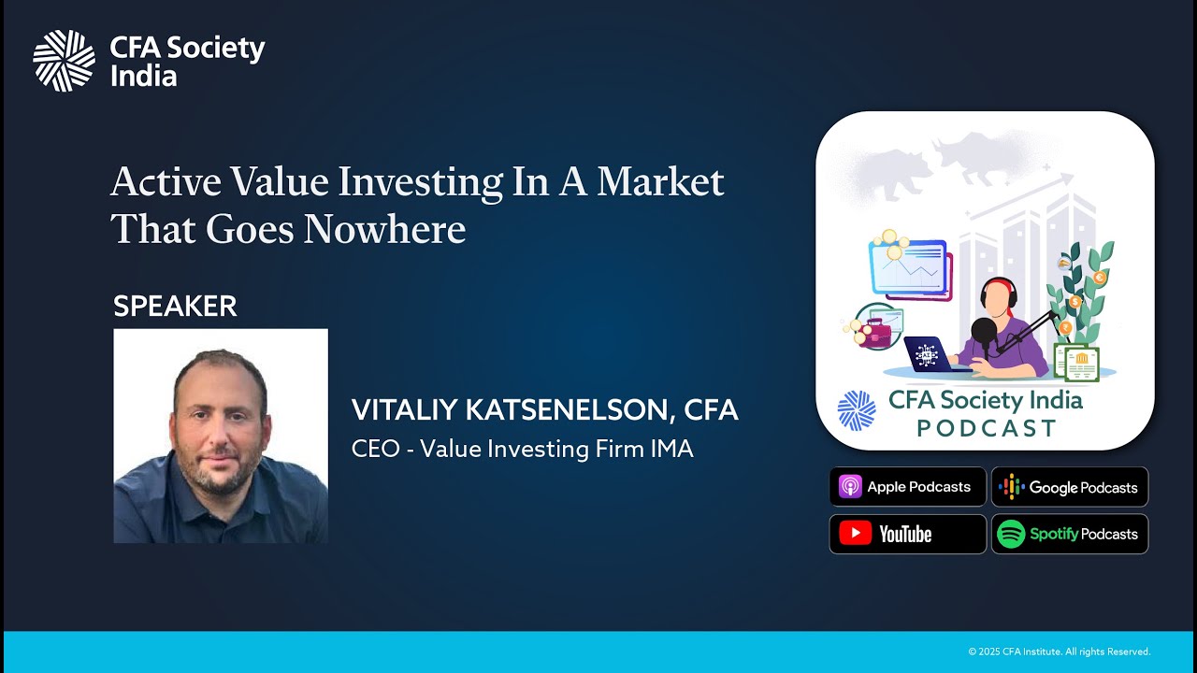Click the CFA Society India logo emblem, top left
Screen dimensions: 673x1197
pos(64,61)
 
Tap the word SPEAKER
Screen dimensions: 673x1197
pos(175,306)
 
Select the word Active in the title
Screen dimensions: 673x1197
pos(166,181)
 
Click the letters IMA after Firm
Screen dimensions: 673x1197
pos(671,449)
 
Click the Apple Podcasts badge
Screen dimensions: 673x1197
pos(907,487)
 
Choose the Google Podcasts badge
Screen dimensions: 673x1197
pos(1069,487)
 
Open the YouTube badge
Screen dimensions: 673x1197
pos(907,534)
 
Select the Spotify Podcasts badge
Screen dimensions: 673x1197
pos(1069,534)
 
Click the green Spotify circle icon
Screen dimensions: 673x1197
pos(1011,534)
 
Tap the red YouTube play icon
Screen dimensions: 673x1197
pos(855,534)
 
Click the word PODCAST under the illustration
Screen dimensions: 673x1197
pos(986,428)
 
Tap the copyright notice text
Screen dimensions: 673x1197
pos(1059,652)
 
